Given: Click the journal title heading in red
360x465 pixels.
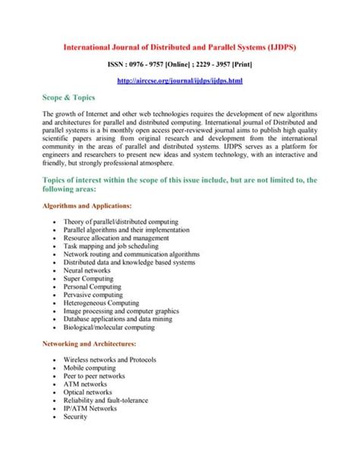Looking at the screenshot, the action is pyautogui.click(x=179, y=47).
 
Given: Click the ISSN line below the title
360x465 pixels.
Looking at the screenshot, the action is pyautogui.click(x=179, y=66).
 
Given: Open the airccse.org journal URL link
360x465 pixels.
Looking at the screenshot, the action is pyautogui.click(x=179, y=81).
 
